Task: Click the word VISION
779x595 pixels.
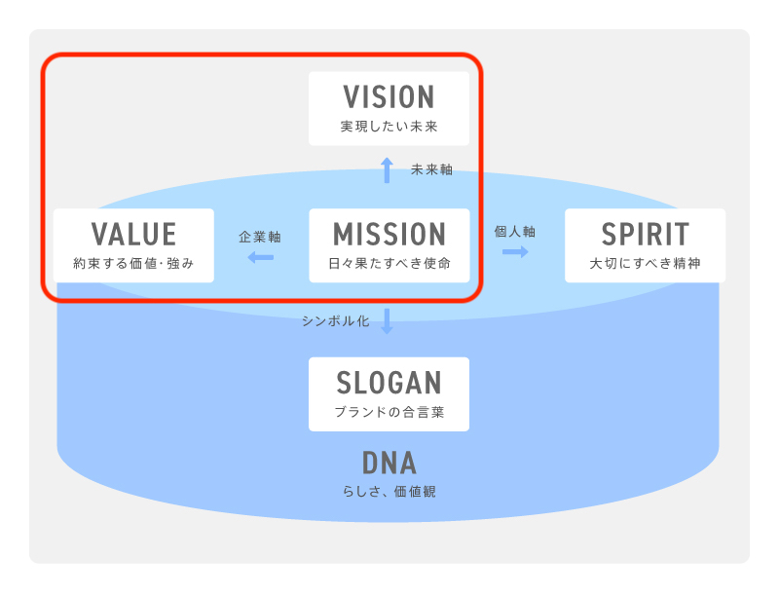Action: click(389, 97)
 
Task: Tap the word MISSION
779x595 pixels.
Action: click(389, 235)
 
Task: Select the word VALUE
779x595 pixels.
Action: click(133, 235)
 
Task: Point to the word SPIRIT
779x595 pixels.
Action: click(645, 235)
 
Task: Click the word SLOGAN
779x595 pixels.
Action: click(389, 383)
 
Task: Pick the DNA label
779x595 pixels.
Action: click(389, 462)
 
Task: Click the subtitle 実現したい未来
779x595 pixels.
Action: click(389, 127)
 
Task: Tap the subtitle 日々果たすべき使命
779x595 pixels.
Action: click(389, 264)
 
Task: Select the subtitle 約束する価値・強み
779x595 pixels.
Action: click(133, 264)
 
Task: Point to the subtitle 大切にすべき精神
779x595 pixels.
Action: click(645, 264)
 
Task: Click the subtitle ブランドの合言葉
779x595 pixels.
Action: click(389, 412)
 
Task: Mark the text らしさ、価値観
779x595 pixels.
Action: click(389, 492)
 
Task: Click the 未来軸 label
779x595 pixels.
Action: click(431, 169)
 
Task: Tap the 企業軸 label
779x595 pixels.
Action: click(260, 237)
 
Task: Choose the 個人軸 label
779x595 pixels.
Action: click(515, 232)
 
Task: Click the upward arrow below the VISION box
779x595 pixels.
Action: click(387, 170)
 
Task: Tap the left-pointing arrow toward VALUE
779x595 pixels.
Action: click(260, 257)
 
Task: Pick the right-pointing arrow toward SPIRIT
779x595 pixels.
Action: click(515, 251)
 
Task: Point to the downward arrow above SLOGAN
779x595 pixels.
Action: click(387, 321)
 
